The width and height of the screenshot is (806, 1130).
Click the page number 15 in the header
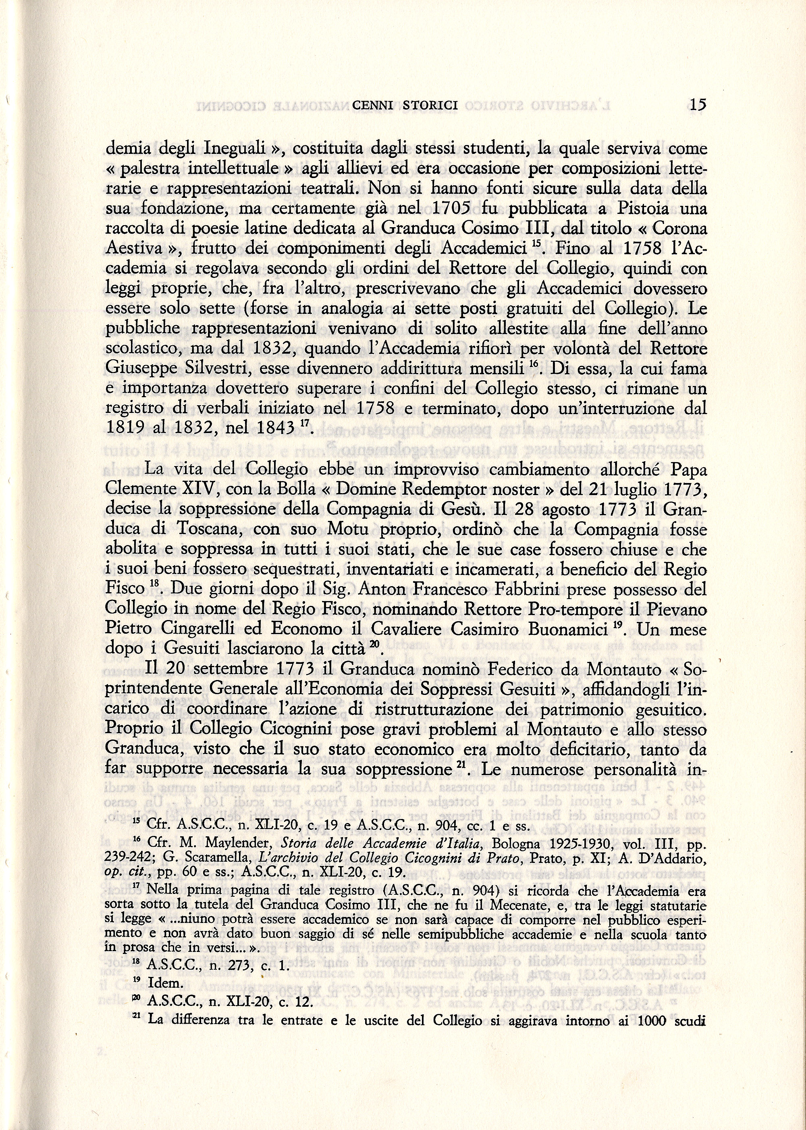click(x=697, y=106)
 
